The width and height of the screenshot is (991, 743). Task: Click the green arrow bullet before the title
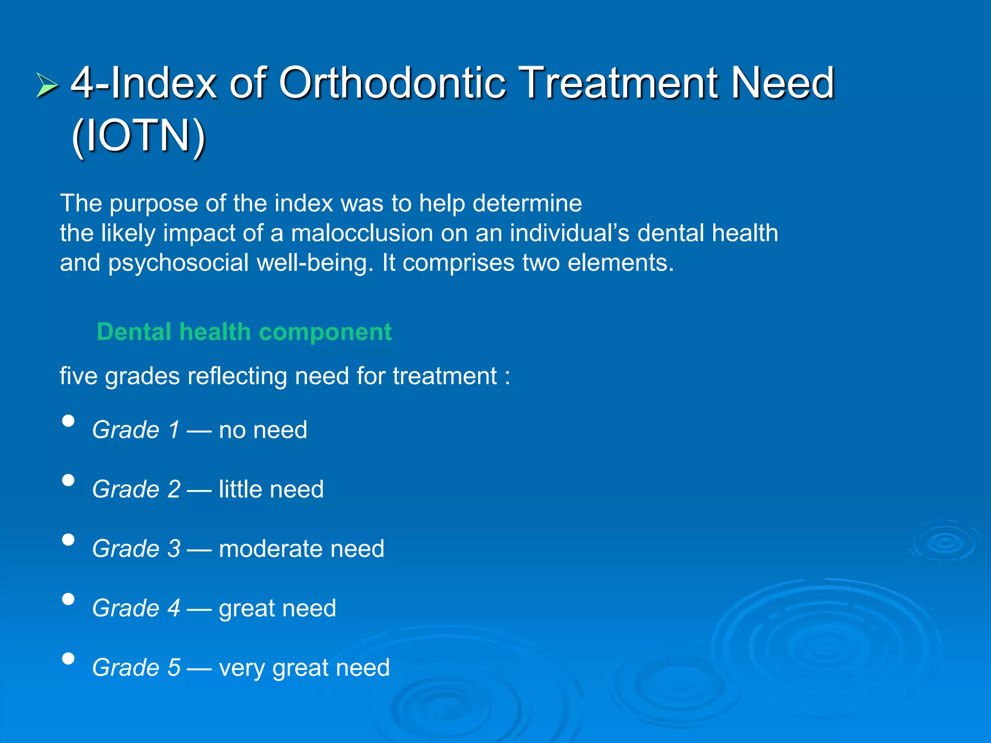coord(47,86)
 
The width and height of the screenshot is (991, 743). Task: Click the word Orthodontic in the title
coord(392,83)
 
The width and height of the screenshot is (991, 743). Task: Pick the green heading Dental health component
coord(244,332)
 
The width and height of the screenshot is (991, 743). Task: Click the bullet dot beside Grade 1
coord(69,421)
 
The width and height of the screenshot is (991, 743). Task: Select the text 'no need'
coord(263,430)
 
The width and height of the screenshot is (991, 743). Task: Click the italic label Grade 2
coord(136,489)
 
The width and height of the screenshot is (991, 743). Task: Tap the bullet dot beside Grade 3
coord(69,540)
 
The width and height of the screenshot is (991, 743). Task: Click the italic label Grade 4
coord(136,608)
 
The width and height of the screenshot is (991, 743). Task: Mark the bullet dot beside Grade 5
coord(69,659)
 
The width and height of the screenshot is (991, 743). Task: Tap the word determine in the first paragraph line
coord(527,203)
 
